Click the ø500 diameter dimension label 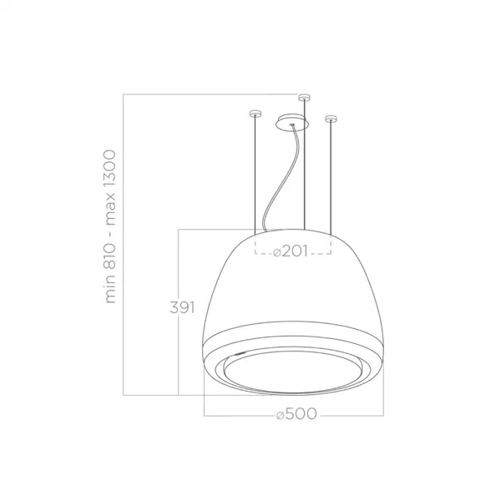pyautogui.click(x=296, y=414)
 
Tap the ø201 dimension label pyautogui.click(x=291, y=251)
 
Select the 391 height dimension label pyautogui.click(x=182, y=307)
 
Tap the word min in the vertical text pyautogui.click(x=109, y=291)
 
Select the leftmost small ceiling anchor pyautogui.click(x=255, y=113)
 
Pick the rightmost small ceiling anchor pyautogui.click(x=331, y=119)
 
